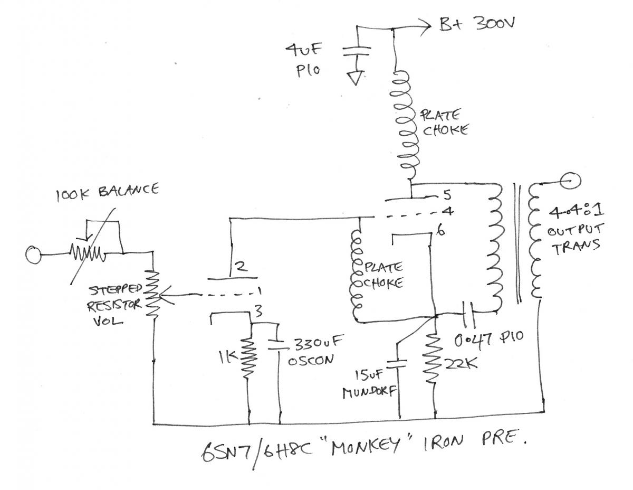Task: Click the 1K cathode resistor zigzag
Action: pos(247,356)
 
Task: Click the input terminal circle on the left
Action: pos(33,255)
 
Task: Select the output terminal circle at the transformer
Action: pos(571,181)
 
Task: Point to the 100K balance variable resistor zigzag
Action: pos(87,254)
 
